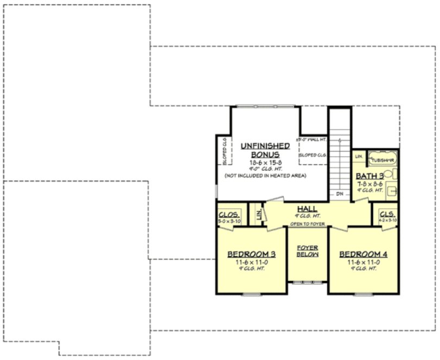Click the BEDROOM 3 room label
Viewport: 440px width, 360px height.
(251, 254)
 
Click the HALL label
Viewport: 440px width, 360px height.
(307, 208)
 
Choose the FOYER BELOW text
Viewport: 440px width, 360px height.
(307, 251)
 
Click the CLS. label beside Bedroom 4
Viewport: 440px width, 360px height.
(387, 214)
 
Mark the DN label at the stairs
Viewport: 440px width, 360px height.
(340, 194)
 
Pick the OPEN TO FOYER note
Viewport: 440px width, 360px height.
(307, 223)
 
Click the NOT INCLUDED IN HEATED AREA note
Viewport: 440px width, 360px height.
(265, 176)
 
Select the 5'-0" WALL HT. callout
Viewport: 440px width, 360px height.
(312, 140)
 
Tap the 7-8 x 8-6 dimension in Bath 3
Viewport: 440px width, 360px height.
(370, 184)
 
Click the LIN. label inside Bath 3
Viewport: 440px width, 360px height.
(359, 157)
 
